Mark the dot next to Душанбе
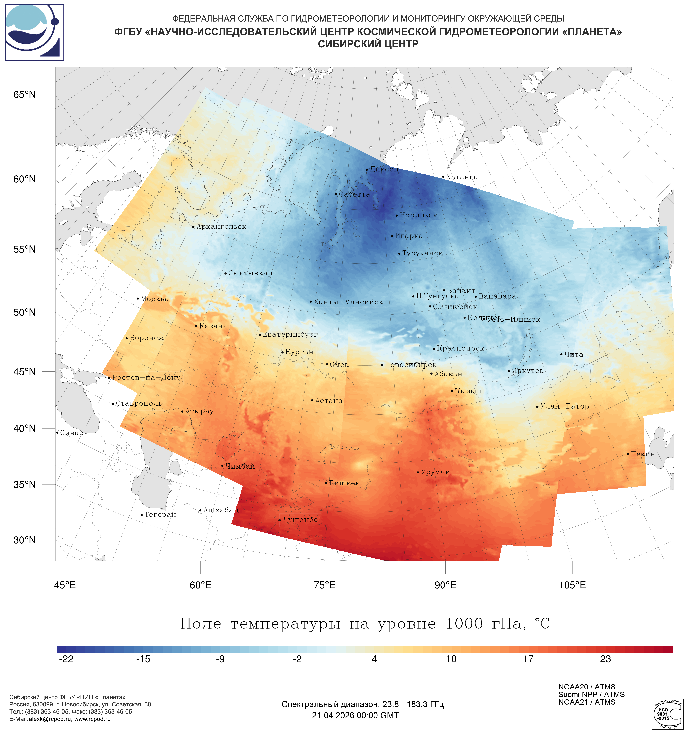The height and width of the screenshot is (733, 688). click(279, 520)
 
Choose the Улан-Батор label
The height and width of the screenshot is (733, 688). click(564, 406)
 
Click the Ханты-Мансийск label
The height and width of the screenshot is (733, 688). click(348, 302)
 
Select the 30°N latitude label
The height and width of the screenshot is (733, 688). click(25, 540)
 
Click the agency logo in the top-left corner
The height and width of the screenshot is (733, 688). click(35, 32)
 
